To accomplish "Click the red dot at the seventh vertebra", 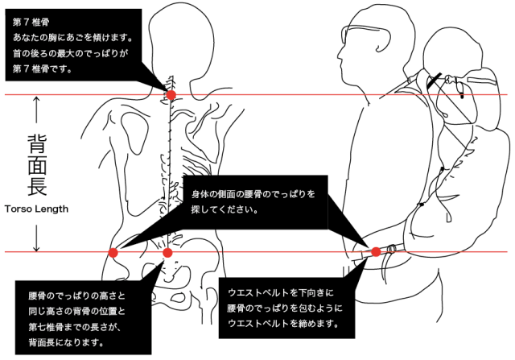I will point(171,94).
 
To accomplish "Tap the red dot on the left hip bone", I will point(113,252).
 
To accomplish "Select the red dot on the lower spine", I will point(167,252).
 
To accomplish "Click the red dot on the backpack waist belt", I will point(376,252).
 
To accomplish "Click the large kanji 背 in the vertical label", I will point(36,145).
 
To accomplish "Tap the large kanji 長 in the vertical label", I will point(36,186).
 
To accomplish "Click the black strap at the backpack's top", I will point(435,80).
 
